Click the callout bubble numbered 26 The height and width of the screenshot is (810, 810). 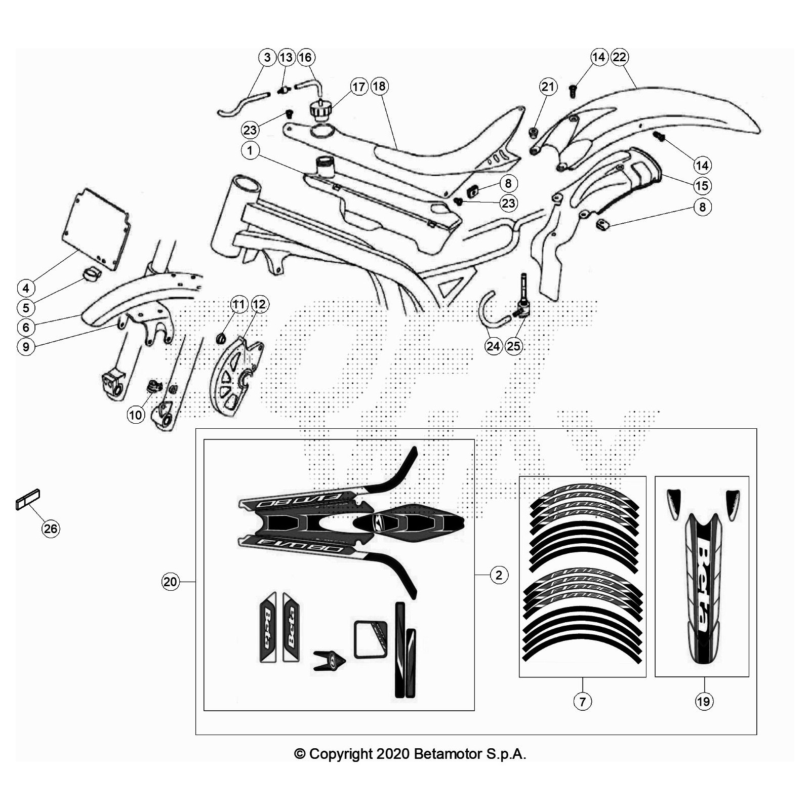[51, 529]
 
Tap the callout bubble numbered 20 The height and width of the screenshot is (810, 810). [170, 582]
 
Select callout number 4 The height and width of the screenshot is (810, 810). [26, 288]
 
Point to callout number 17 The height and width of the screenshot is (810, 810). [359, 87]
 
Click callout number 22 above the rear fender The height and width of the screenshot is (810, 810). [619, 57]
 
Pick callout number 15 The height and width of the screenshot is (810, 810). [702, 186]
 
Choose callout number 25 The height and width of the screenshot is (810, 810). [513, 346]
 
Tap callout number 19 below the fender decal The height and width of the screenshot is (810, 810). [704, 701]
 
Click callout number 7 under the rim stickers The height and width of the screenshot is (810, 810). [582, 701]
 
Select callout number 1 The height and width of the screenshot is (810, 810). [250, 150]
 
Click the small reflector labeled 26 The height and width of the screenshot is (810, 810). [28, 499]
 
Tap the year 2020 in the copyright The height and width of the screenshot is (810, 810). [392, 754]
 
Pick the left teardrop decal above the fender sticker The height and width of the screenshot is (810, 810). [673, 504]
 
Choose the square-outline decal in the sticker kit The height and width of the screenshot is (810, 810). [371, 639]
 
